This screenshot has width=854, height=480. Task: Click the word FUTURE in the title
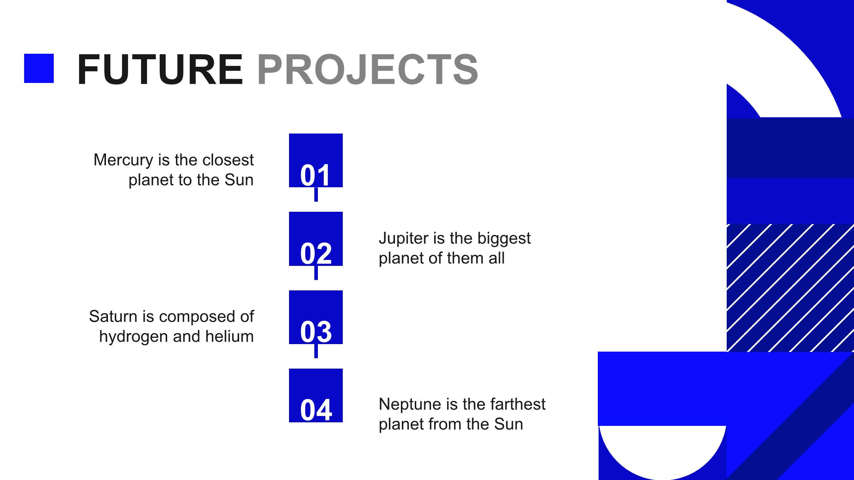(160, 70)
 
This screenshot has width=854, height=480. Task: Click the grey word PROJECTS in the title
(368, 70)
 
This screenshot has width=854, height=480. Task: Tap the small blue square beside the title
(39, 68)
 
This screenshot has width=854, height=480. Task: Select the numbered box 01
(316, 160)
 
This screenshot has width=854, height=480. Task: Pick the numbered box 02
(316, 239)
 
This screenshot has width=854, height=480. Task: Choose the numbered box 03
(316, 317)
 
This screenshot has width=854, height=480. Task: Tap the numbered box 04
(316, 395)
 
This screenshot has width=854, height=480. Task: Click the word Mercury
(123, 161)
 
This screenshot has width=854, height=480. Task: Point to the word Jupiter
(404, 239)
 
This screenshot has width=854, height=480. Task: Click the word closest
(228, 160)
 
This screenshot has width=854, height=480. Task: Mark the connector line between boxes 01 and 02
(316, 194)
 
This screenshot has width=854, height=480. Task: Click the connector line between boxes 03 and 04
(316, 351)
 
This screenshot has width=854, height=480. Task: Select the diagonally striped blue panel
(790, 288)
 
